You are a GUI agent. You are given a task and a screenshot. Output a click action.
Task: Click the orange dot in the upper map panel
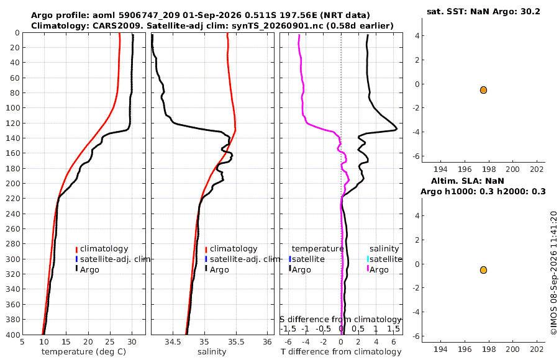tap(483, 90)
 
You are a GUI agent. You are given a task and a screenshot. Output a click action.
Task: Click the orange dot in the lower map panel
tap(483, 270)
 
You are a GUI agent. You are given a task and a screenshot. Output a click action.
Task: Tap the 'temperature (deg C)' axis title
tap(84, 352)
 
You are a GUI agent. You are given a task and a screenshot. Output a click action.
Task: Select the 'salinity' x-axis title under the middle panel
tap(212, 352)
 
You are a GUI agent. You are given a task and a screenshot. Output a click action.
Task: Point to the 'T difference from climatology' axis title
tap(341, 352)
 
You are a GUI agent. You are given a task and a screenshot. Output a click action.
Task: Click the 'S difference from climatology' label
tap(341, 320)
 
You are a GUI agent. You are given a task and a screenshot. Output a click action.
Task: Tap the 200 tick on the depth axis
tap(12, 183)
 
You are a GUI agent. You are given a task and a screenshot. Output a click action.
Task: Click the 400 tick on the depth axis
tap(12, 335)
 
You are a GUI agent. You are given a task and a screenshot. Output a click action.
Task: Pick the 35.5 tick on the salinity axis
tap(236, 342)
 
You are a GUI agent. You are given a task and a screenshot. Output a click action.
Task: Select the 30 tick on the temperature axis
tap(132, 342)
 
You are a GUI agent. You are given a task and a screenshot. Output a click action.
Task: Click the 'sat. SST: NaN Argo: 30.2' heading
tap(483, 11)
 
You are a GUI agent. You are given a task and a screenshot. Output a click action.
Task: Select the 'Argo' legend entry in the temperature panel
tap(87, 269)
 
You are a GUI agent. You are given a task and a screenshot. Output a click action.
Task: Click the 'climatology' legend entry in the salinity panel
tap(231, 249)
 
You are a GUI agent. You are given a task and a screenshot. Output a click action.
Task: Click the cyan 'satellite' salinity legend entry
tap(384, 259)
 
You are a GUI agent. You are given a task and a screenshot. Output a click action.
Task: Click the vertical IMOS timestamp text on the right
tap(553, 273)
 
